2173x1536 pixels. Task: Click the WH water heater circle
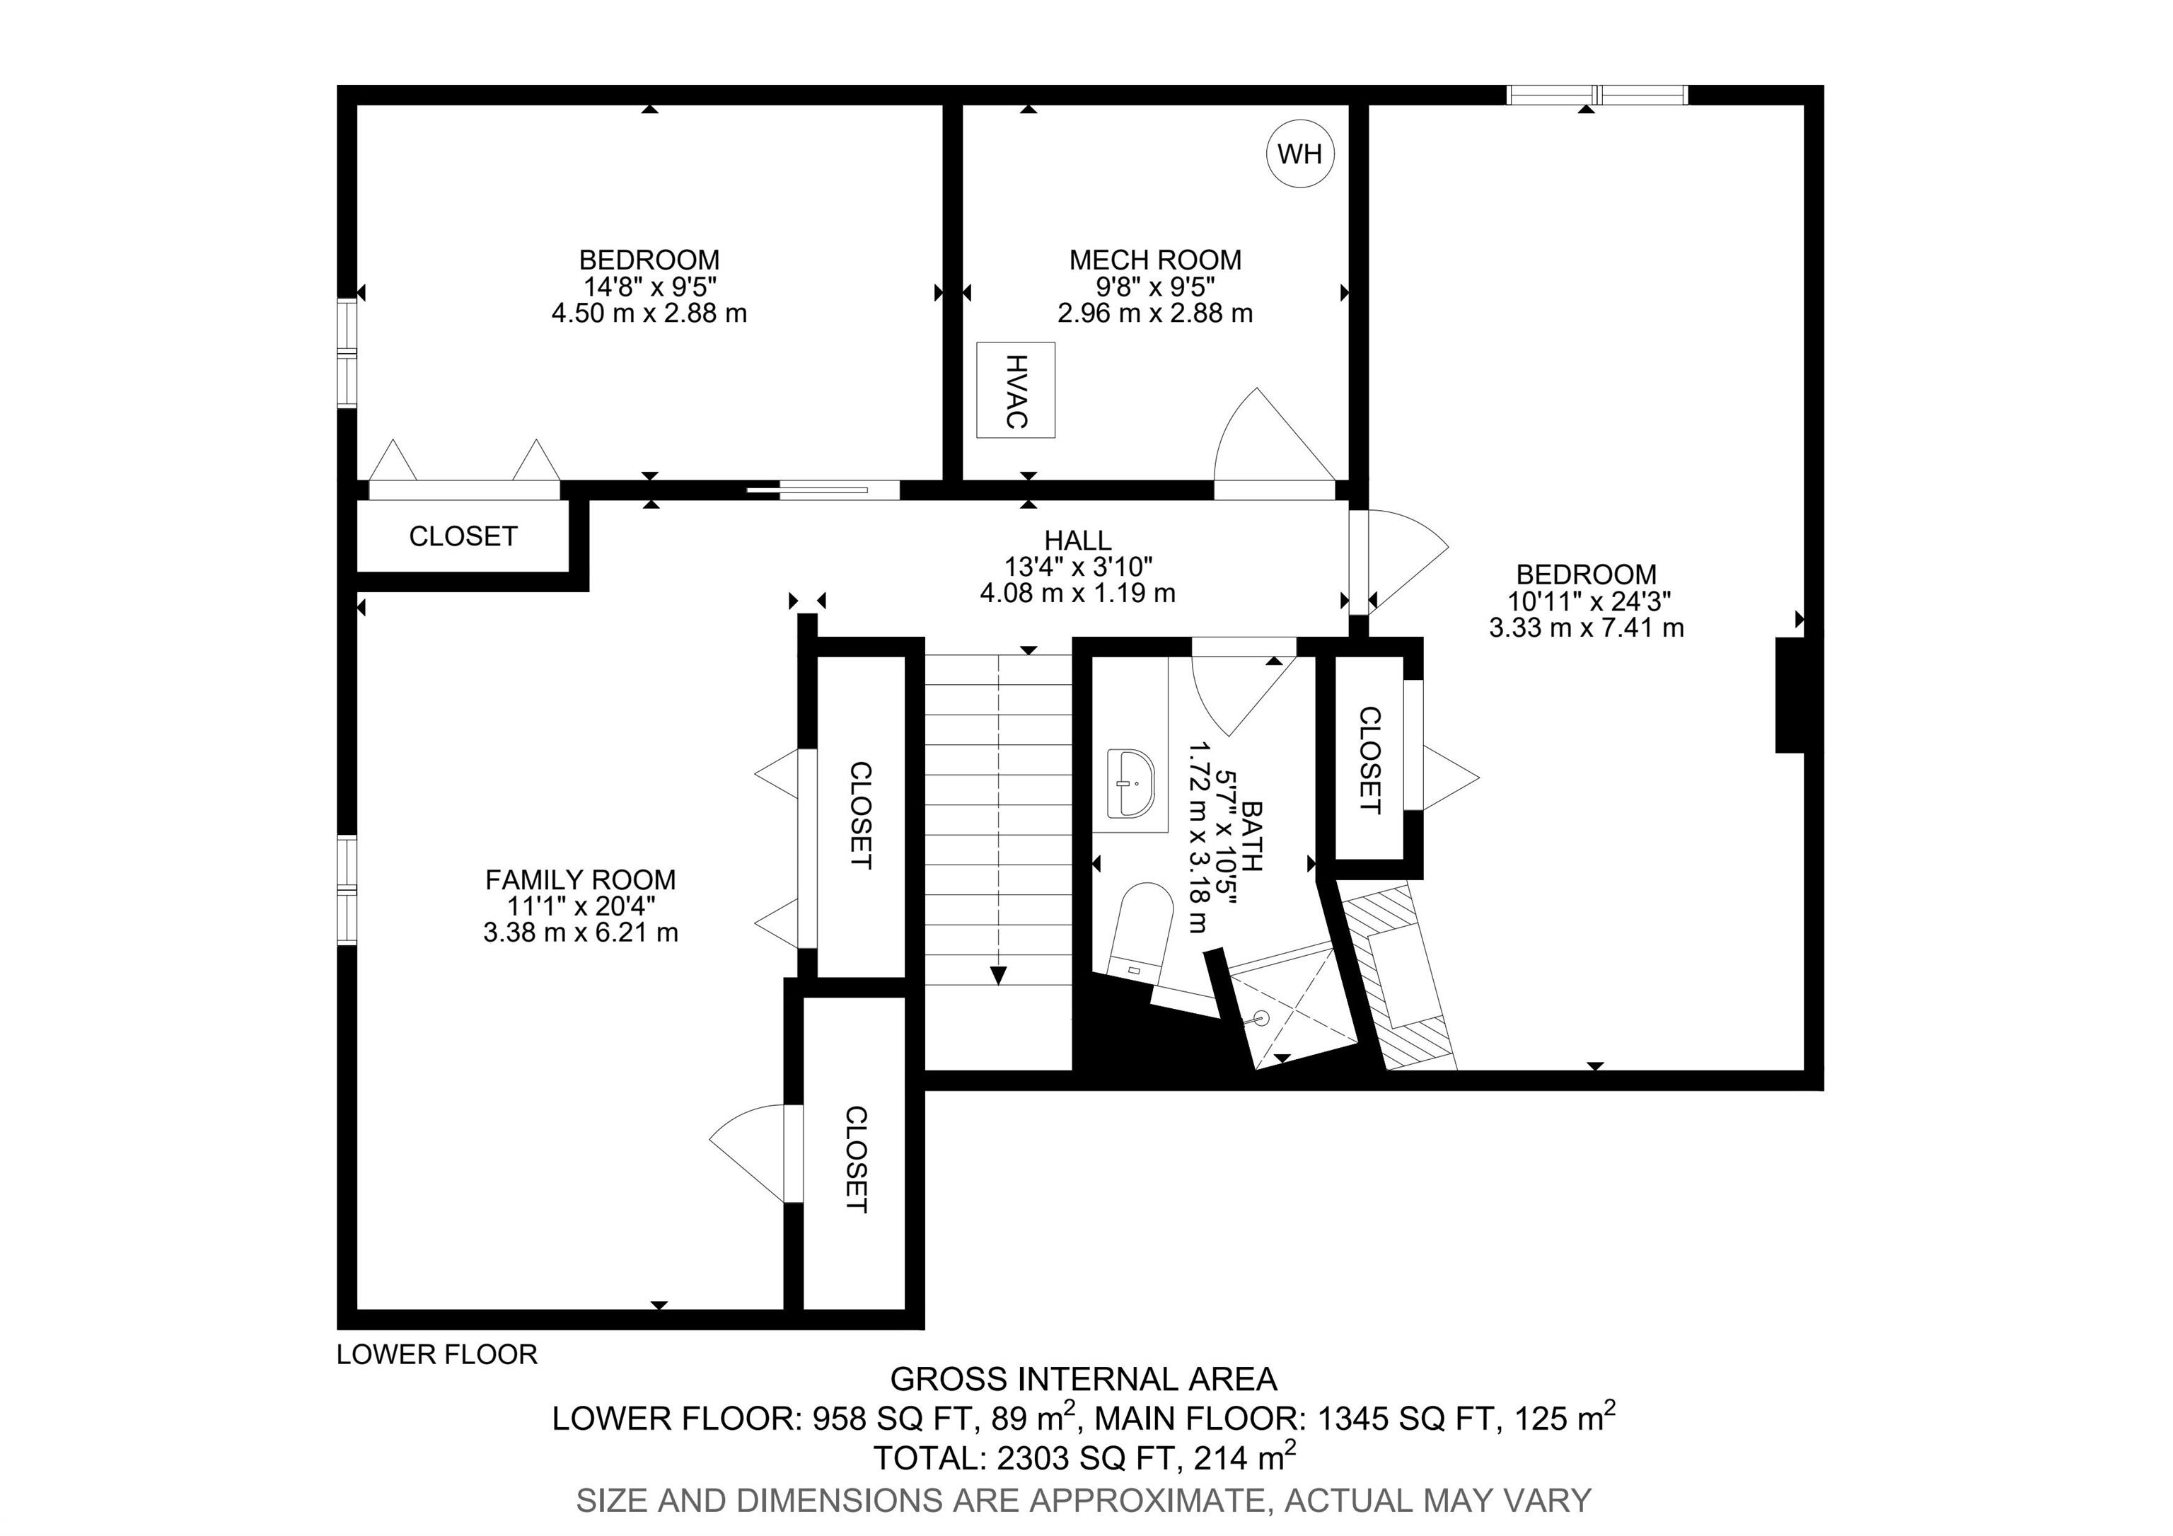[x=1300, y=154]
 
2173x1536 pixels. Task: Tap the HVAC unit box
[x=1016, y=390]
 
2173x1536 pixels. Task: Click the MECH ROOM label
[x=1154, y=260]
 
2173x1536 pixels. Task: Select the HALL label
[x=1077, y=541]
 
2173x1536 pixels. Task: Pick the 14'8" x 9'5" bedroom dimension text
[x=649, y=286]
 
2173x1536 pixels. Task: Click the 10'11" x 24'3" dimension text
[x=1587, y=601]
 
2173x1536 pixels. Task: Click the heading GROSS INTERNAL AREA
[x=1084, y=1379]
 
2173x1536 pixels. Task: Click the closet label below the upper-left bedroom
[x=463, y=536]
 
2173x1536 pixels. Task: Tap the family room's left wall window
[x=347, y=889]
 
